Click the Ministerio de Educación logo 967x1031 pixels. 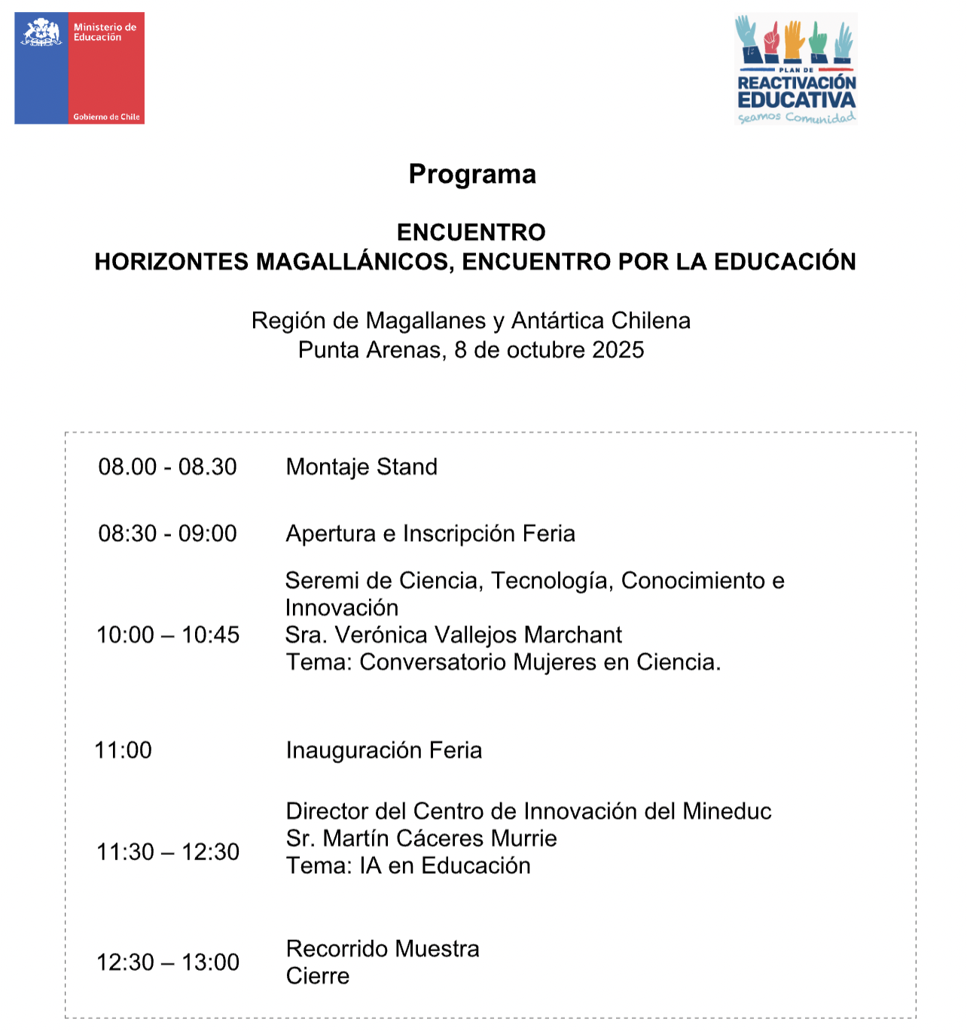pos(79,68)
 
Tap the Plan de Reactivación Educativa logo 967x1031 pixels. pos(796,69)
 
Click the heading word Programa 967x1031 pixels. pos(472,175)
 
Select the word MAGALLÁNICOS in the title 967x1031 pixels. pos(354,262)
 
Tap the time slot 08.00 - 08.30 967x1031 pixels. pos(167,467)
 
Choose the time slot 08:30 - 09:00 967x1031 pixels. pos(167,534)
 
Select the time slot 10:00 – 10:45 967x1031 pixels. pos(168,635)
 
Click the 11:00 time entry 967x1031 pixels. pos(123,750)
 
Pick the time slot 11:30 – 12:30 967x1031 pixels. pos(168,852)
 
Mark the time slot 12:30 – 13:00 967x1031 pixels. pos(168,963)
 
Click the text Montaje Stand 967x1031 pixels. pos(361,467)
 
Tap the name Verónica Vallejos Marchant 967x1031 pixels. pos(478,635)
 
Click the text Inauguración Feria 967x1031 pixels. pos(384,750)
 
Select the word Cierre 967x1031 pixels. pos(318,976)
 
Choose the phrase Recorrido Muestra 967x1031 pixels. pos(383,949)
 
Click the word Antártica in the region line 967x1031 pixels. pos(558,321)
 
